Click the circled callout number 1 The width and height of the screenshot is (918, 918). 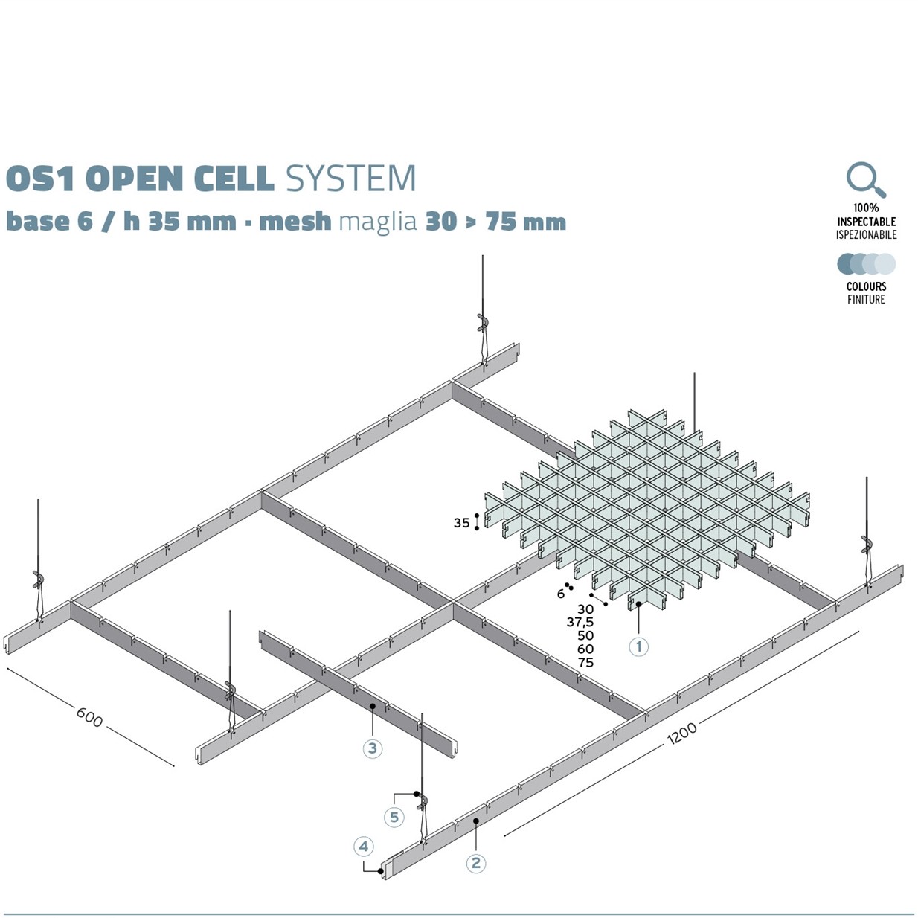[638, 646]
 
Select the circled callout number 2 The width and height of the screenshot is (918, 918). [475, 863]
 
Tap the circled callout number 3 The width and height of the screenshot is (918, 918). [373, 748]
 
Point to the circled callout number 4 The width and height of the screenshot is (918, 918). [363, 846]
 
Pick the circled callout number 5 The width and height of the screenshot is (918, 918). [394, 817]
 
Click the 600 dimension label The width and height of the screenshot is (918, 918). [89, 716]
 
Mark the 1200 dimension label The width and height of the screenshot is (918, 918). [681, 732]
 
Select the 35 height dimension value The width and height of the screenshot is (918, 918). [461, 523]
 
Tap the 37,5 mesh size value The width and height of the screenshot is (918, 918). [580, 622]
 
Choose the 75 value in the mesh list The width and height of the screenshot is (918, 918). [585, 662]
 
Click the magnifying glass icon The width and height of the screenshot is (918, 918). [865, 180]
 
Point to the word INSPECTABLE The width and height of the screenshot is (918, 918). [866, 222]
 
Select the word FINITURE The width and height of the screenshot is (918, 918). [866, 299]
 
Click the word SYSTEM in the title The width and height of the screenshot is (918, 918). [350, 179]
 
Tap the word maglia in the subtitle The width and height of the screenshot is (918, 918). [377, 221]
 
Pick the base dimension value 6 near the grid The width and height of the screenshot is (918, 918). [561, 594]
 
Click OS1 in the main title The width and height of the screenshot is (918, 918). [42, 179]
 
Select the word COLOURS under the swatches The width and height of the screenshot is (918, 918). [866, 286]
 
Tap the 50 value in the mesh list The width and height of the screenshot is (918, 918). [585, 635]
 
